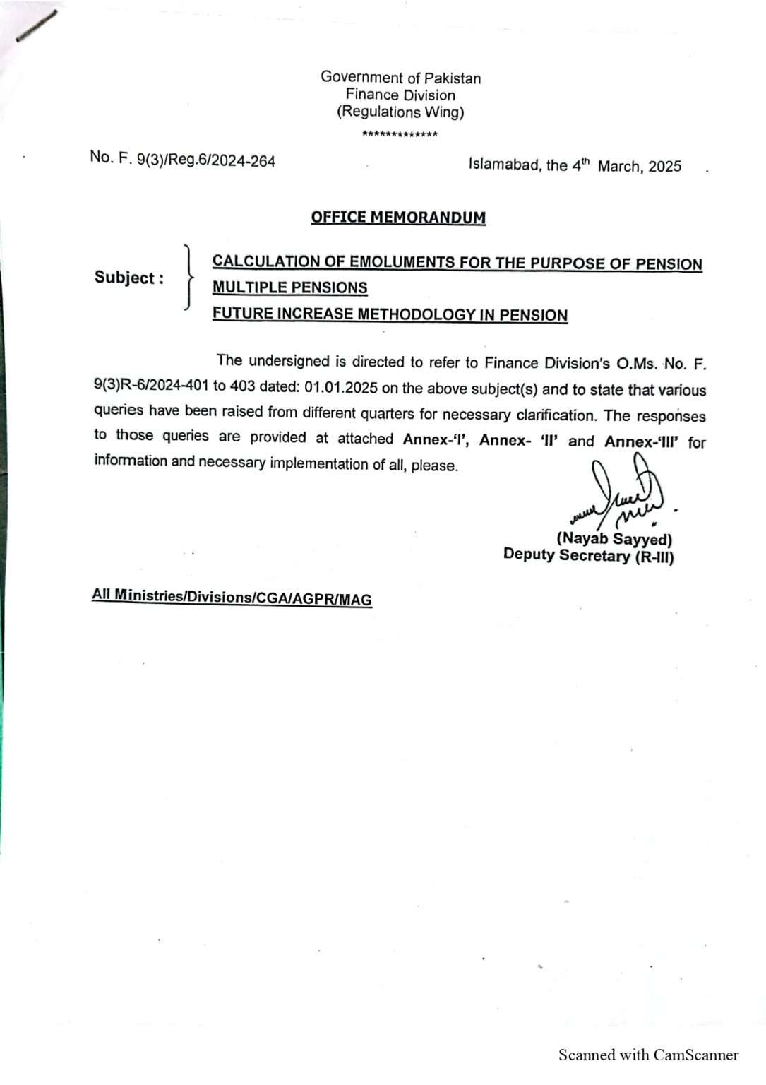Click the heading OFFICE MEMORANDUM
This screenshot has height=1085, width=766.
398,217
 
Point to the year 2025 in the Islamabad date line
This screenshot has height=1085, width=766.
664,167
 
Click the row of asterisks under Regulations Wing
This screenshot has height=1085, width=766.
400,134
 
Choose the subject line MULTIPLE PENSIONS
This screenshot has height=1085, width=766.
289,287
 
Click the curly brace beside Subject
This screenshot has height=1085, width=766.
187,277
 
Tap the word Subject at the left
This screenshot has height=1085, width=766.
124,278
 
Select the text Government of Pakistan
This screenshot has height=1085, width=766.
400,78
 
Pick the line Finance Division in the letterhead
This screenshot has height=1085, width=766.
400,95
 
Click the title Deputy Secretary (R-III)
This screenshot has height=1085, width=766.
588,556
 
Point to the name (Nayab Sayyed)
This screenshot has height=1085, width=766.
614,539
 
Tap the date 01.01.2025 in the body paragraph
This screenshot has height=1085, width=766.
341,389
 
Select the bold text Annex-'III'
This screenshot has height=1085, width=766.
641,441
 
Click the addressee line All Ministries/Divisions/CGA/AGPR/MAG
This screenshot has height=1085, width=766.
232,597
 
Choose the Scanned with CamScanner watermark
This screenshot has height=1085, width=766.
648,1055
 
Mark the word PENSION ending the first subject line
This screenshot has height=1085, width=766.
669,264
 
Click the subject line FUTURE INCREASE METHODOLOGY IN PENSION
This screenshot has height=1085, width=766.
390,314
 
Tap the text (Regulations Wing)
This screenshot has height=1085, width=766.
400,112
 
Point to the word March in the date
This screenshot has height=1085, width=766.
619,167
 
